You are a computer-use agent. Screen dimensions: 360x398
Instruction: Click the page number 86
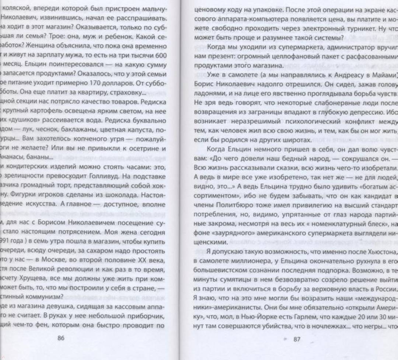[x=61, y=339]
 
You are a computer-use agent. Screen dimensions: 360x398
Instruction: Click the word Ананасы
[x=15, y=166]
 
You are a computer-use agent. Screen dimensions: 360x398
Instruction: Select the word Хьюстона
[x=380, y=252]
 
